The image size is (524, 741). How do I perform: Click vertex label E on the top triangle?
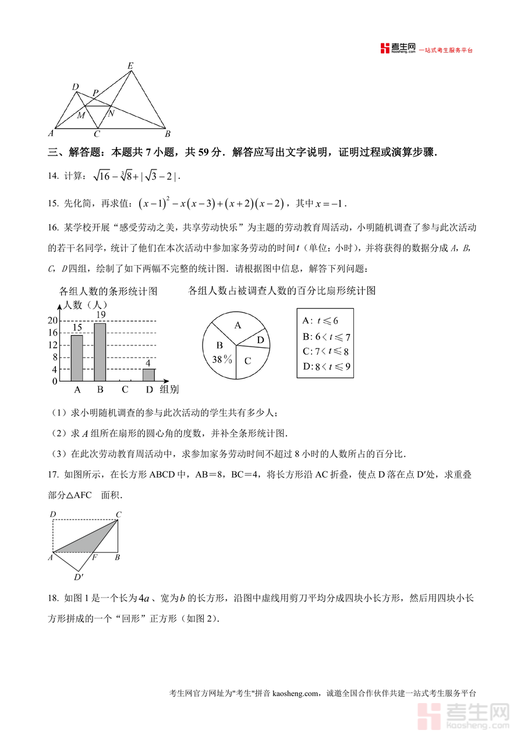pyautogui.click(x=130, y=66)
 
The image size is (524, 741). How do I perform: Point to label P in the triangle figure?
pyautogui.click(x=95, y=93)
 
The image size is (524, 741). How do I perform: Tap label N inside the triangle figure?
pyautogui.click(x=111, y=113)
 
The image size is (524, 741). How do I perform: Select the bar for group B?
pyautogui.click(x=100, y=351)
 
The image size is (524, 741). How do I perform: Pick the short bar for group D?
pyautogui.click(x=148, y=375)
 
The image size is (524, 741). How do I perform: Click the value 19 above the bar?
pyautogui.click(x=100, y=315)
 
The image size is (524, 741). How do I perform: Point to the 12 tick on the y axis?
pyautogui.click(x=53, y=345)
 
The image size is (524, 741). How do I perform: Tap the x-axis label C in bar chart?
pyautogui.click(x=125, y=390)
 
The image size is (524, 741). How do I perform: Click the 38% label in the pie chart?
pyautogui.click(x=222, y=359)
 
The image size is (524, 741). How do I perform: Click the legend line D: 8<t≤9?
pyautogui.click(x=326, y=367)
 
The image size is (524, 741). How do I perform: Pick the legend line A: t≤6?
pyautogui.click(x=321, y=320)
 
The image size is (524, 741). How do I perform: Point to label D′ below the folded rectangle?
pyautogui.click(x=79, y=577)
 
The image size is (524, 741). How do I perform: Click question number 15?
pyautogui.click(x=53, y=204)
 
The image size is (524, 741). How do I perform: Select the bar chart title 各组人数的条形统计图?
pyautogui.click(x=108, y=291)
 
